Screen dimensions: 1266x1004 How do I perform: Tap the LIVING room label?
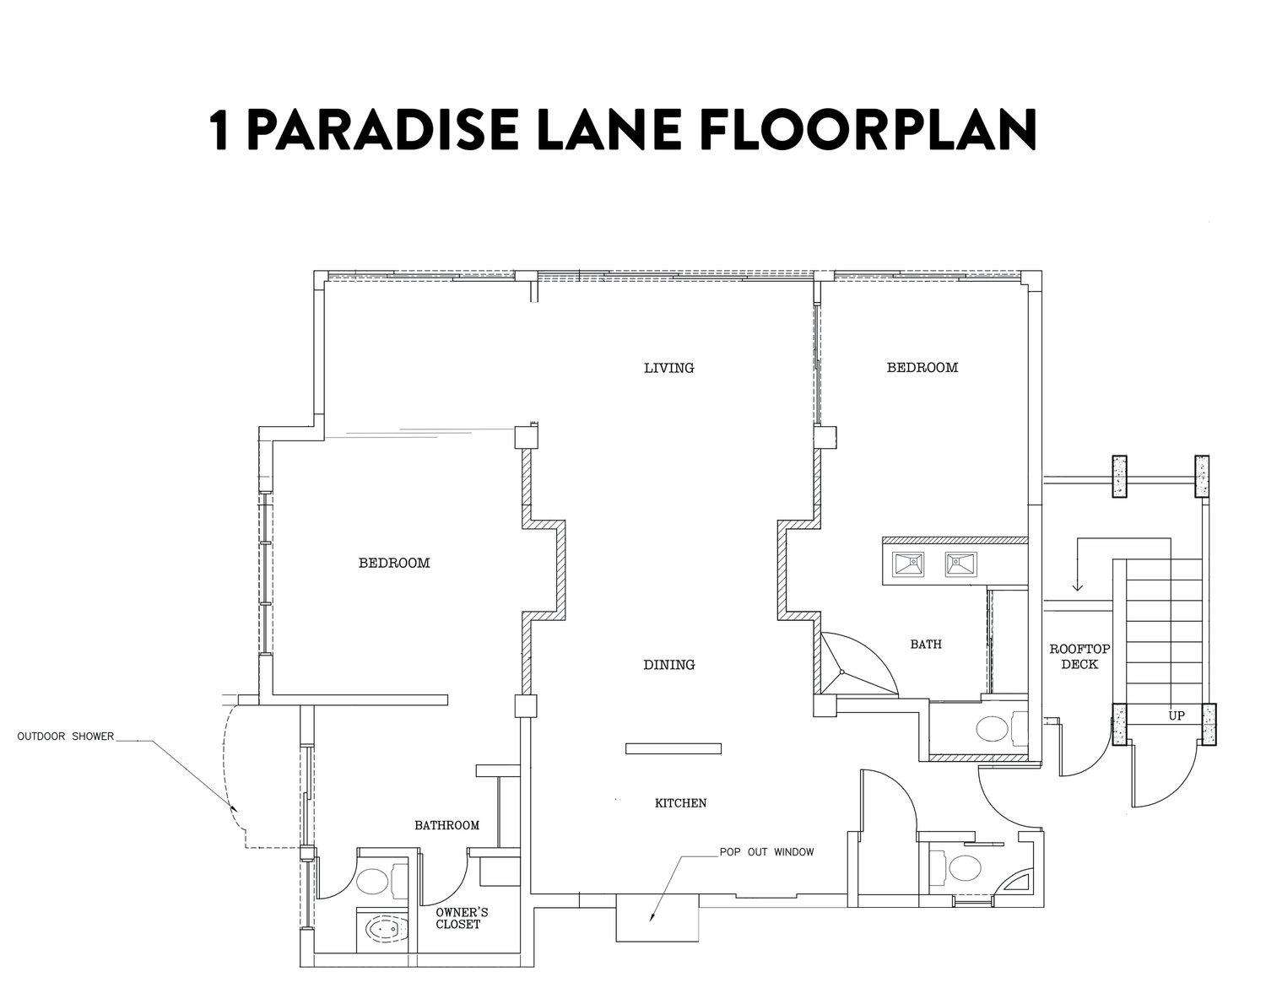669,368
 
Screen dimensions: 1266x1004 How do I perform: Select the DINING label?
669,665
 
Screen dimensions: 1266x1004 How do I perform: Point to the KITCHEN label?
680,803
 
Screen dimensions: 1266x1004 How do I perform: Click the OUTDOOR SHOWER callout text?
65,736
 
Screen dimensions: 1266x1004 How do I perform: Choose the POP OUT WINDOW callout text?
766,851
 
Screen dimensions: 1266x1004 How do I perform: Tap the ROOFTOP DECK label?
1080,656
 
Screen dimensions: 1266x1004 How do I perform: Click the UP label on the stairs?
1176,715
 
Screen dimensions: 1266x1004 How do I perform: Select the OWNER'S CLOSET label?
462,918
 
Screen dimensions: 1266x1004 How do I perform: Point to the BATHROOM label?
447,825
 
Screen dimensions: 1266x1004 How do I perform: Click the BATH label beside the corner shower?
926,644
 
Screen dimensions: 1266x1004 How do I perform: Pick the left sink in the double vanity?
908,564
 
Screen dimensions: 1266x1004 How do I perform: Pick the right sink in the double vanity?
960,564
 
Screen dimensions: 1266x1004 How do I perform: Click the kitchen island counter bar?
673,748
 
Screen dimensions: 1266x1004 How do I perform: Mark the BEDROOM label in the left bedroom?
394,563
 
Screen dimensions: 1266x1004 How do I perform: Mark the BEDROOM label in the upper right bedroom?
922,368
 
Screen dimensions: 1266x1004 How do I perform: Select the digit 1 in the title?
220,130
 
